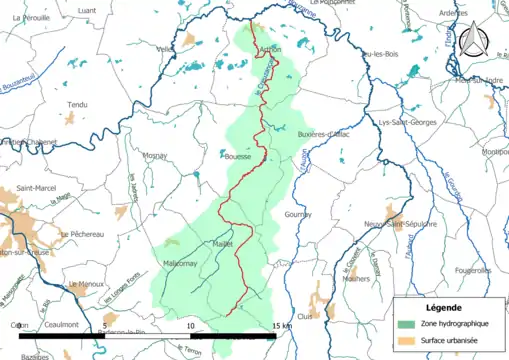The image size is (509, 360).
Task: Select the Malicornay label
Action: point(182,263)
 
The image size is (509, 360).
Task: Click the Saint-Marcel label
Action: point(36,187)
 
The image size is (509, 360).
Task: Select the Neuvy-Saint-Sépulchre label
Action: point(400,224)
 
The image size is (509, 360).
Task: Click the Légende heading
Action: point(446,306)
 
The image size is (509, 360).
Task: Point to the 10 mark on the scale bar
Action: point(190,327)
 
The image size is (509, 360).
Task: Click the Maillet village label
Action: point(223,243)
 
